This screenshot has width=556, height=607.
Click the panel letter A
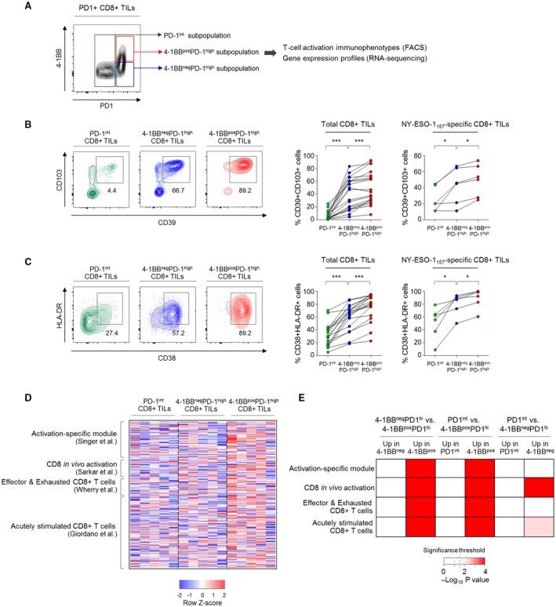point(8,7)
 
